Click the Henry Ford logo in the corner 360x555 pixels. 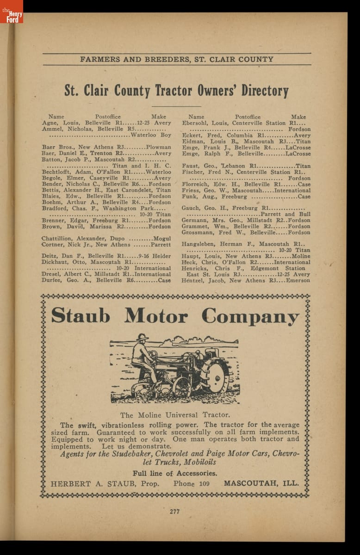pos(12,12)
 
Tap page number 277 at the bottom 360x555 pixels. pos(174,511)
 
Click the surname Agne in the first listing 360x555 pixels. pos(50,123)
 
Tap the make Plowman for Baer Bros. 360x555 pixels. pos(158,147)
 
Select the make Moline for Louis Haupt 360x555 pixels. pos(301,256)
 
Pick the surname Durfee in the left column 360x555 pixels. pos(52,280)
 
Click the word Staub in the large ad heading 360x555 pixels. pos(81,316)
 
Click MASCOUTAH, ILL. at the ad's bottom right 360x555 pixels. pos(261,484)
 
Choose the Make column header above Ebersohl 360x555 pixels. pos(298,117)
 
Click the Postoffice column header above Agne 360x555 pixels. pos(108,117)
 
